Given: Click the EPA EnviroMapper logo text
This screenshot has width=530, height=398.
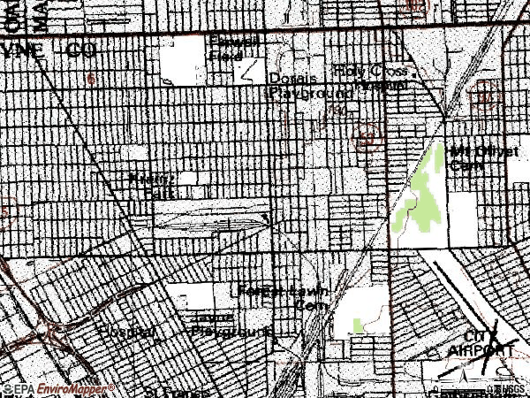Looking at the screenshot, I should pyautogui.click(x=58, y=388).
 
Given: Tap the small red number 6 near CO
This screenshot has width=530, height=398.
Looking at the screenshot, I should pyautogui.click(x=92, y=79).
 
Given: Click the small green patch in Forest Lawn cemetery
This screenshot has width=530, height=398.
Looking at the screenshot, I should pyautogui.click(x=357, y=326).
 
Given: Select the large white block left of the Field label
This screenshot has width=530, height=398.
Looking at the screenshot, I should pyautogui.click(x=185, y=60).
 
